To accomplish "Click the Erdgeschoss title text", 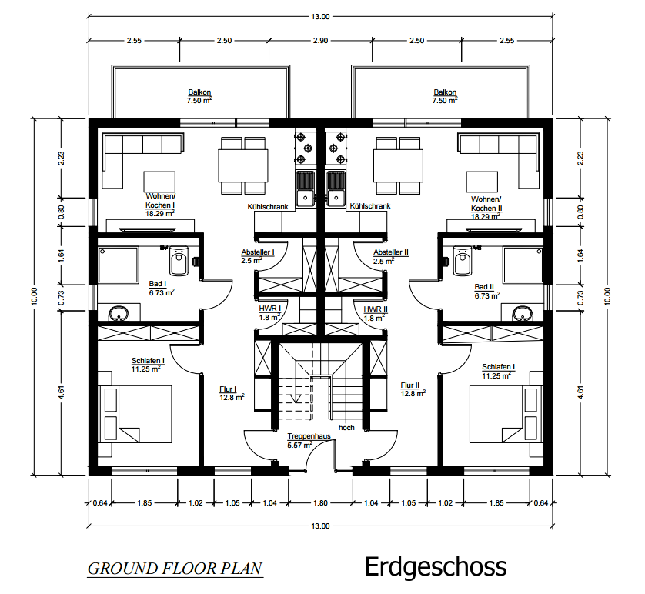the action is [436, 568].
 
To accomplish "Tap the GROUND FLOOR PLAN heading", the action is [175, 569].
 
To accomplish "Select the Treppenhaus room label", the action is [309, 436].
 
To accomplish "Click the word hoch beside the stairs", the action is [346, 428].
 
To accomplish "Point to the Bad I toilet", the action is [179, 261].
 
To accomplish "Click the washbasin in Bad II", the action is [523, 314].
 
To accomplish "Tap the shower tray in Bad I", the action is [118, 265].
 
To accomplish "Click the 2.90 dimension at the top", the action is [320, 40].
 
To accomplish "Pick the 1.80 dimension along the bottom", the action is [320, 502].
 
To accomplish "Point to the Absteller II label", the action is [391, 252].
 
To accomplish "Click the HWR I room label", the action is [270, 309].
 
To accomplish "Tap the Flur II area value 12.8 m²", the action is [413, 394].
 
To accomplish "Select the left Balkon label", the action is [199, 92].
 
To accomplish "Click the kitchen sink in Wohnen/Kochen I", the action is [306, 189].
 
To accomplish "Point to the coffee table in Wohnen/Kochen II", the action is [482, 182].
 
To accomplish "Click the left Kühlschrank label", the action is [268, 206].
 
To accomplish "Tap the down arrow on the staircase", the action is [296, 397].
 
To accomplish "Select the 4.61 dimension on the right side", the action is [580, 392].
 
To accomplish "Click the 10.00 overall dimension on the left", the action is [34, 296].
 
